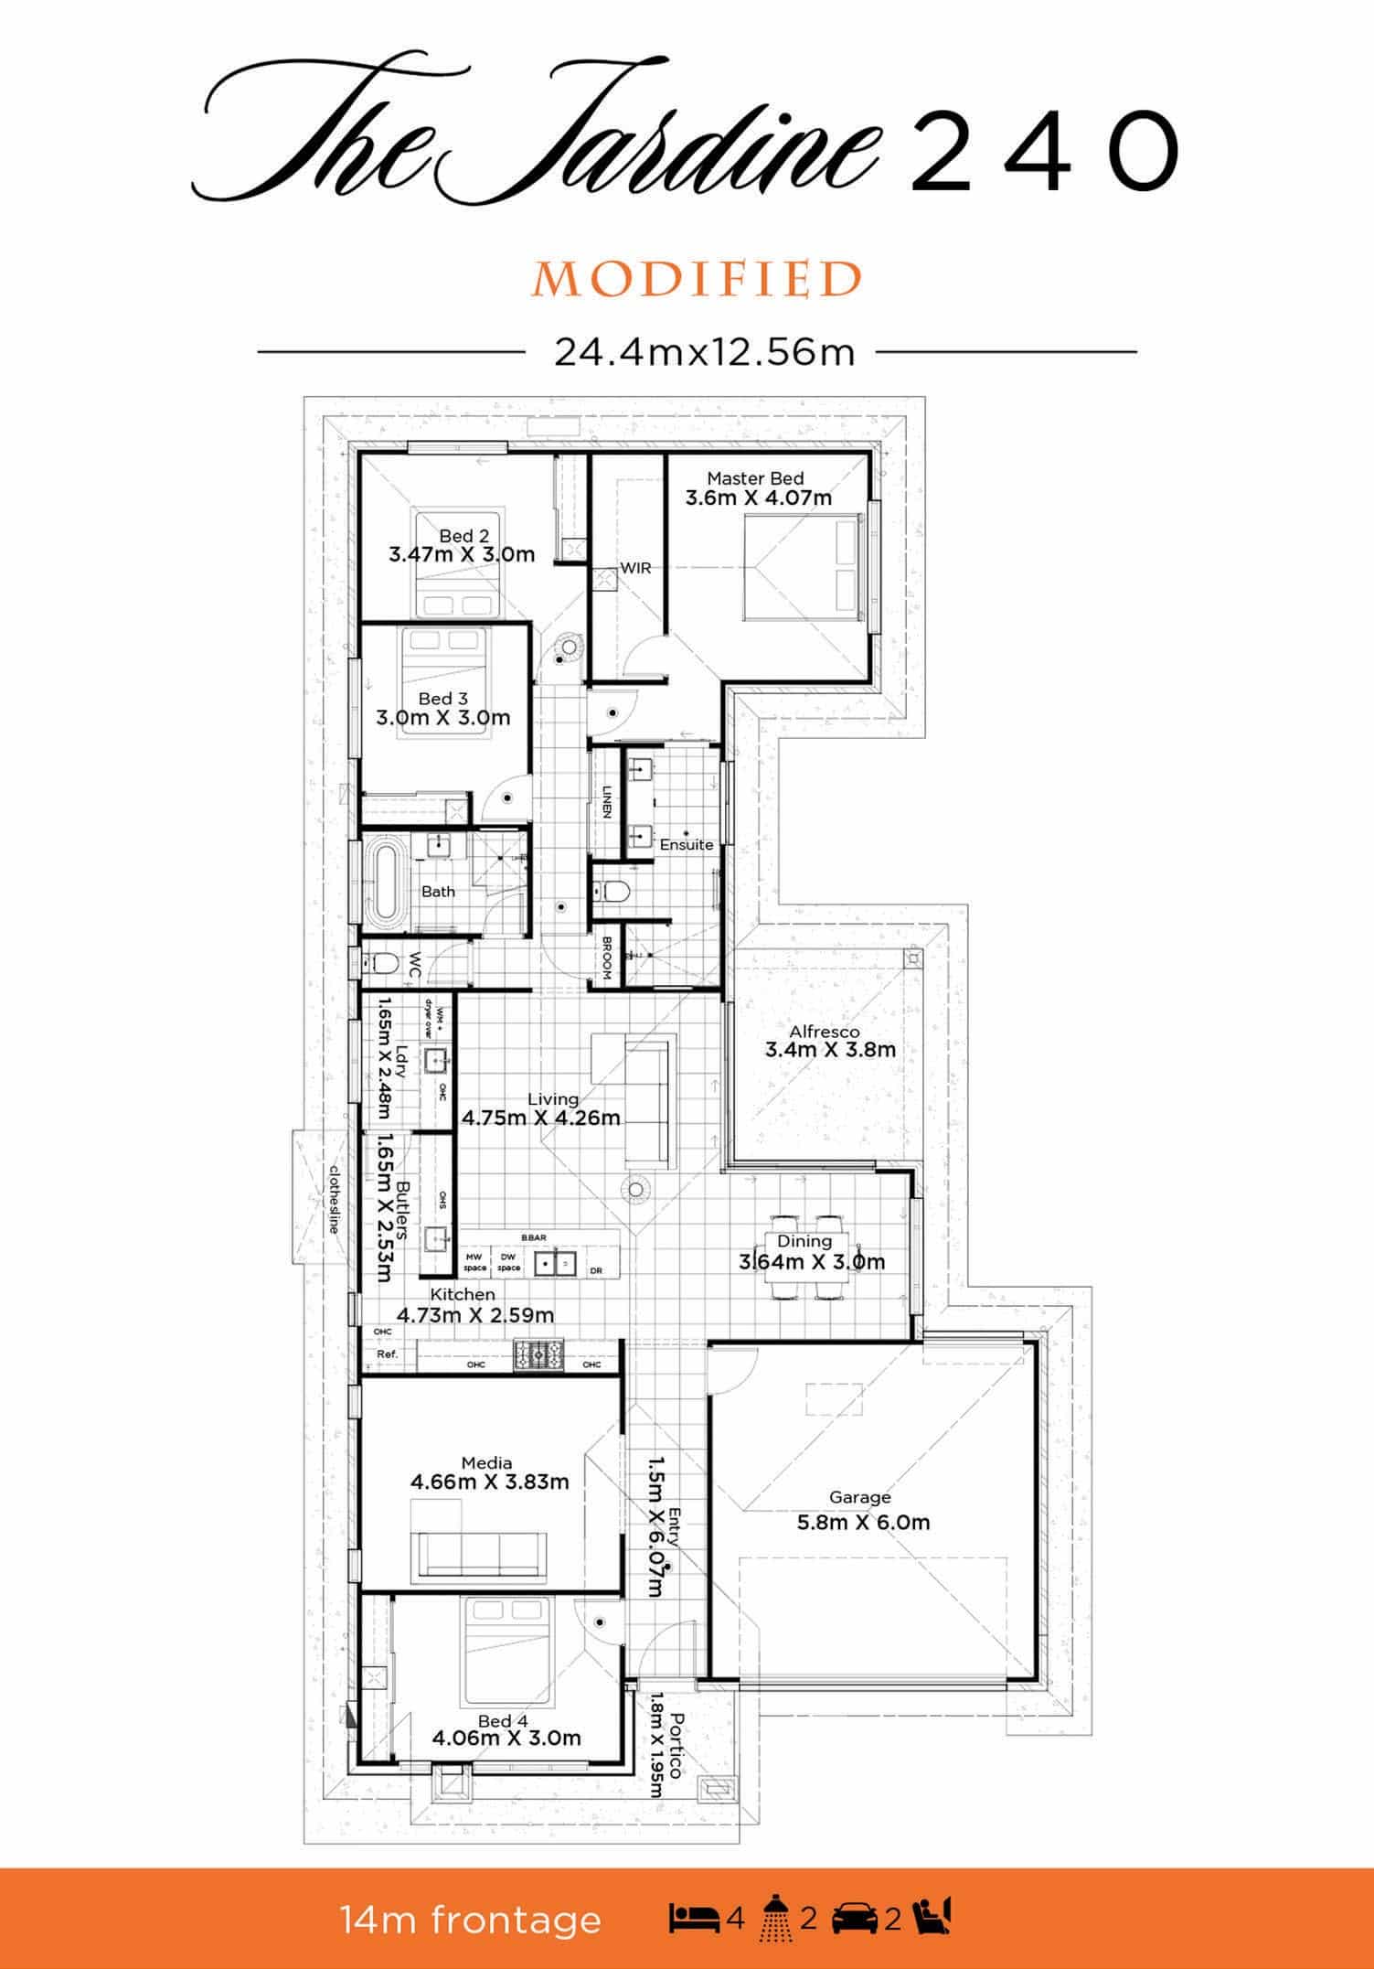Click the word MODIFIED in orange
698,280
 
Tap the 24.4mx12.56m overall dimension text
704,351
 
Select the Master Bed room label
755,478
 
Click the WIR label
635,568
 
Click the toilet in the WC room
381,963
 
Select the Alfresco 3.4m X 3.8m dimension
830,1050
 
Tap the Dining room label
804,1241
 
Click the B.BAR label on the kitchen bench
534,1237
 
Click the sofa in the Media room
483,1557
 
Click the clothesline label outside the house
335,1199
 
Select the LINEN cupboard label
606,802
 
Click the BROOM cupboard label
606,958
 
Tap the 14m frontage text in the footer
471,1920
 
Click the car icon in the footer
855,1919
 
